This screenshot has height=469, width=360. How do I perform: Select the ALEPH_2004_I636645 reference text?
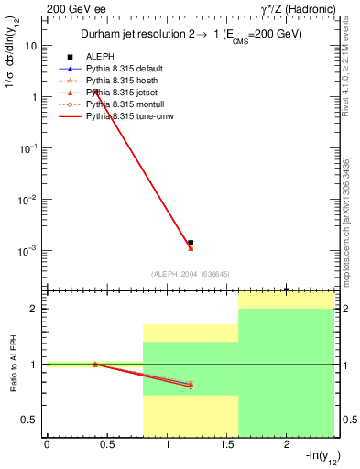tap(190, 273)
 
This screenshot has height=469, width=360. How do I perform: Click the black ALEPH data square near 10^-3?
tap(191, 243)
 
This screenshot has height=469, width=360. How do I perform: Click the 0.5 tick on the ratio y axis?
tap(29, 420)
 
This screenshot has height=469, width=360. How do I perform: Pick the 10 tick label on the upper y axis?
tap(30, 45)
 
